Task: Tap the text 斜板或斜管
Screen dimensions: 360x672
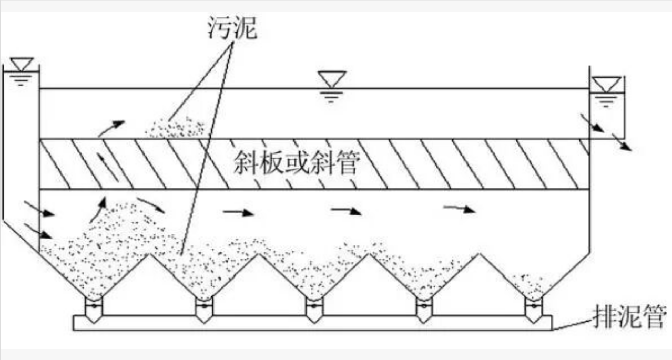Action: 296,164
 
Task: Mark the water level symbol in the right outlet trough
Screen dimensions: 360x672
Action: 606,90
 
